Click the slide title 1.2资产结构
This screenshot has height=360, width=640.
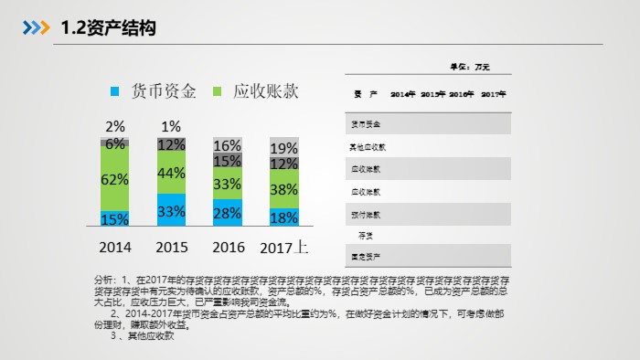click(x=108, y=28)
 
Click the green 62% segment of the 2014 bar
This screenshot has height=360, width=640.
click(x=115, y=180)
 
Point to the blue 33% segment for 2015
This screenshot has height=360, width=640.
click(x=171, y=210)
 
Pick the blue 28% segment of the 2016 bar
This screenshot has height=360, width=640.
click(x=228, y=213)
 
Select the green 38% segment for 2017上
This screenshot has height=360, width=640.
click(x=283, y=190)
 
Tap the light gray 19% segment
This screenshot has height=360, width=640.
click(x=283, y=147)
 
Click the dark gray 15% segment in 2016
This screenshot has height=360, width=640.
click(x=228, y=160)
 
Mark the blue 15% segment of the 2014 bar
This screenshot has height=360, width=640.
click(x=115, y=218)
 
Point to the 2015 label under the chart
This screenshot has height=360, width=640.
click(x=171, y=247)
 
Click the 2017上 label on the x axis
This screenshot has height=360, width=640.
click(x=284, y=247)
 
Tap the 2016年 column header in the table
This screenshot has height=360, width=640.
click(x=461, y=94)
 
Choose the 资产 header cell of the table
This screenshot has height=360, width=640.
click(x=359, y=94)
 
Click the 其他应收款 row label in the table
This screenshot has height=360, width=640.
click(x=368, y=146)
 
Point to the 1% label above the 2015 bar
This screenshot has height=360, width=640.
click(x=171, y=127)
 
